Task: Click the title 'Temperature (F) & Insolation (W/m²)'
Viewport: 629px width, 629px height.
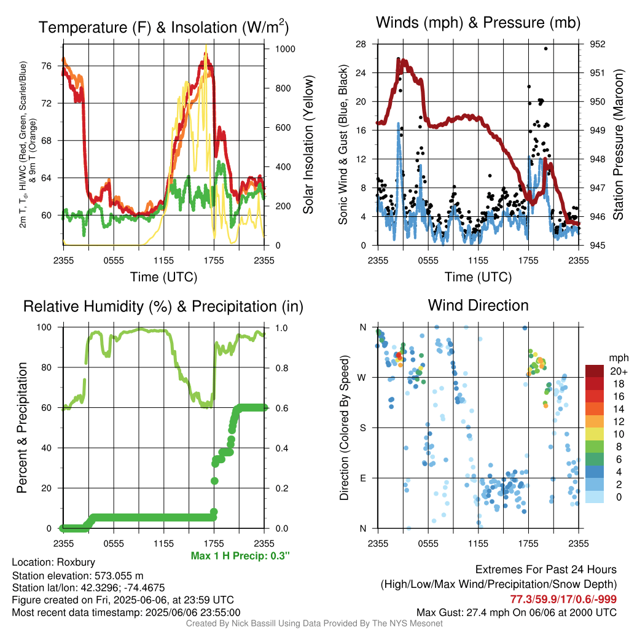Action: pyautogui.click(x=163, y=27)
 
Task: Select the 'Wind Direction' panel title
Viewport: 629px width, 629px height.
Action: pyautogui.click(x=478, y=305)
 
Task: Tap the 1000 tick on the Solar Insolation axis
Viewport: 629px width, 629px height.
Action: pyautogui.click(x=285, y=49)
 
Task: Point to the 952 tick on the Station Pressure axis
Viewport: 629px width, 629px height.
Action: pyautogui.click(x=597, y=44)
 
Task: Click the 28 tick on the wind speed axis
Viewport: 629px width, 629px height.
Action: pyautogui.click(x=361, y=44)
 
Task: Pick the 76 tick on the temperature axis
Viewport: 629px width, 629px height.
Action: pyautogui.click(x=47, y=66)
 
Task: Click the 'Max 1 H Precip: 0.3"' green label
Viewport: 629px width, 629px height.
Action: pyautogui.click(x=240, y=555)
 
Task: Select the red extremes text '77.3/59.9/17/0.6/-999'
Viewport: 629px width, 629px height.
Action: pyautogui.click(x=563, y=599)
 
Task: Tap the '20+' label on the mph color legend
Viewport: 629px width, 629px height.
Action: pyautogui.click(x=619, y=371)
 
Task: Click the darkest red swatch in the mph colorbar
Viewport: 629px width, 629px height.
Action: pyautogui.click(x=594, y=370)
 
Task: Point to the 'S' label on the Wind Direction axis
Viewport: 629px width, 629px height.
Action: pyautogui.click(x=362, y=428)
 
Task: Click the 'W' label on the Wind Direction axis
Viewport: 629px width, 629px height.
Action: pyautogui.click(x=362, y=378)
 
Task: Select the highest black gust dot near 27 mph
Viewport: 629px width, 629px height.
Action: pyautogui.click(x=545, y=49)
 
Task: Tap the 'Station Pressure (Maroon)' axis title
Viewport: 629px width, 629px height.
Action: pyautogui.click(x=618, y=144)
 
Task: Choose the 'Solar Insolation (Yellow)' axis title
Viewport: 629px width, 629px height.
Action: pyautogui.click(x=308, y=144)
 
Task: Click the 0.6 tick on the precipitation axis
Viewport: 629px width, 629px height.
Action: pyautogui.click(x=281, y=408)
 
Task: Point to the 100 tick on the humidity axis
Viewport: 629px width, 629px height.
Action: pyautogui.click(x=44, y=327)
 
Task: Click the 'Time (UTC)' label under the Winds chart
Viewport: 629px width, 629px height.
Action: pyautogui.click(x=478, y=277)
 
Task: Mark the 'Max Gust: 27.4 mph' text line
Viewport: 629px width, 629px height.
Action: pyautogui.click(x=516, y=612)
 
